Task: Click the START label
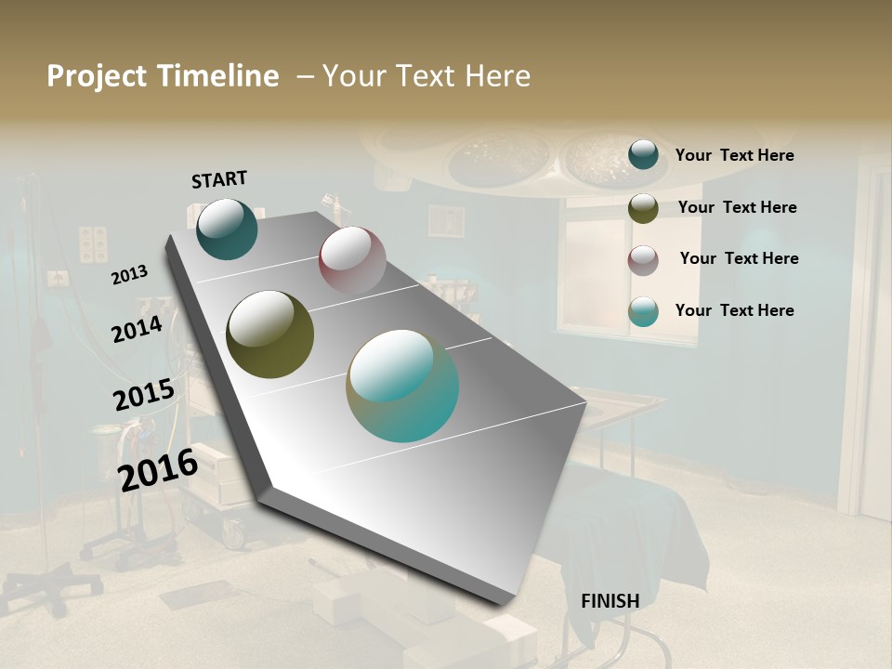point(219,179)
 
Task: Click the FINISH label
point(610,601)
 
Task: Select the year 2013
point(129,275)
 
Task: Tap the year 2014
point(137,329)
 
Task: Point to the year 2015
point(143,395)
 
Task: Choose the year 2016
point(158,469)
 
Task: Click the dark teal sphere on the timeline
point(227,230)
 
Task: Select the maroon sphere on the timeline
point(352,260)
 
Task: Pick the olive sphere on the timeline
point(270,334)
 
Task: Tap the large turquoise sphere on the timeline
point(402,386)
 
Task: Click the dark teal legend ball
point(643,154)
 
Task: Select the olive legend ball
point(643,208)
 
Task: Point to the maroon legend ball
point(643,260)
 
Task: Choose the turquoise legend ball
point(643,311)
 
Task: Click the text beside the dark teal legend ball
point(734,155)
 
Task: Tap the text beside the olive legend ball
point(737,207)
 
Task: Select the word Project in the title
point(97,76)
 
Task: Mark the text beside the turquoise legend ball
point(734,310)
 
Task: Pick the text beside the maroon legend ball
point(739,258)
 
